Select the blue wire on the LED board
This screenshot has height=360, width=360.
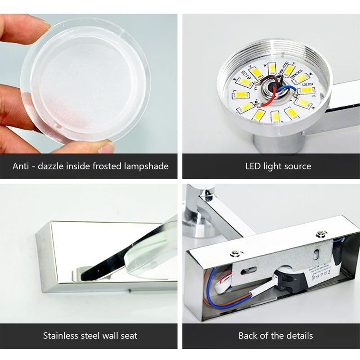(283, 89)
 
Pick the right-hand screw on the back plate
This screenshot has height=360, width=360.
(321, 234)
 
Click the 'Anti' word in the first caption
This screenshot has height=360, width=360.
(20, 166)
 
